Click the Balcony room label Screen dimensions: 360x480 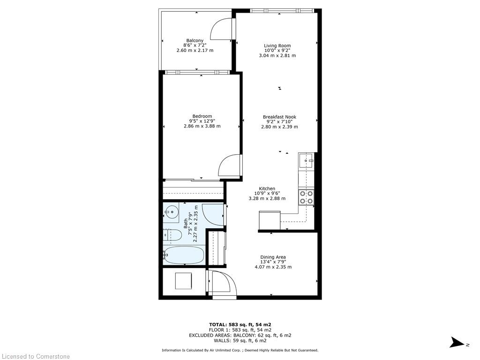(x=195, y=40)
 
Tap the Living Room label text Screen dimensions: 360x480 (x=277, y=45)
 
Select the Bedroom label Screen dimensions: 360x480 (x=202, y=116)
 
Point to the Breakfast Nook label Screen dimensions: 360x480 (x=279, y=117)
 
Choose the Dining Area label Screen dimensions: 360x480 (x=273, y=257)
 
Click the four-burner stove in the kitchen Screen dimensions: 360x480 (x=306, y=197)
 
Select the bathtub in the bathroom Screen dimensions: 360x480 (x=184, y=256)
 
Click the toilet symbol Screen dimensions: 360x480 (x=173, y=234)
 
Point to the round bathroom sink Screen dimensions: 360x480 (x=172, y=213)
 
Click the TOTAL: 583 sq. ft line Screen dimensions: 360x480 (x=240, y=324)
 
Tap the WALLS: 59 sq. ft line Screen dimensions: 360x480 (x=240, y=341)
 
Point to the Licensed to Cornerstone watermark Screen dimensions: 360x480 (x=35, y=356)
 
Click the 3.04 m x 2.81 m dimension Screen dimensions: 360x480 (x=277, y=55)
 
